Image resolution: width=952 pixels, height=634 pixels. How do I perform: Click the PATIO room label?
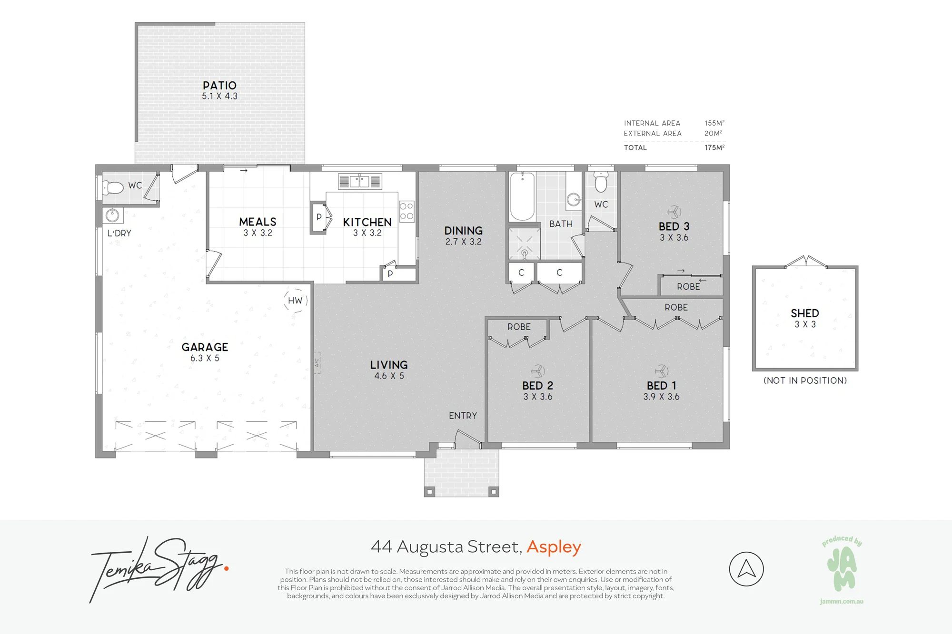[x=219, y=86]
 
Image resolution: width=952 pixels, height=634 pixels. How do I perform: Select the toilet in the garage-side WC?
[x=113, y=187]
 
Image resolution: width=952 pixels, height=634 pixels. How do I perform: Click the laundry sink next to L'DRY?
[x=112, y=215]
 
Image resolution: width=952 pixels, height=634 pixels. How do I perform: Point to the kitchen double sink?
[x=360, y=181]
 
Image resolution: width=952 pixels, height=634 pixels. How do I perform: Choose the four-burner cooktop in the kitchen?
[x=407, y=211]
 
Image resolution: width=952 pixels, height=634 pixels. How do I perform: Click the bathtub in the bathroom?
[x=522, y=196]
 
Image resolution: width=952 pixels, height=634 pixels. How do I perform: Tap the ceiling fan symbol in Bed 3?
[x=674, y=212]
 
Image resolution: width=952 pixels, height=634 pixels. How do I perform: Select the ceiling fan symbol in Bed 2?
[x=538, y=371]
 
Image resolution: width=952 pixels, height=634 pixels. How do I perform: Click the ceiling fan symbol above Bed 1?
[x=662, y=371]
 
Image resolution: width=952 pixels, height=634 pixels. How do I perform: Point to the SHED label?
[x=805, y=313]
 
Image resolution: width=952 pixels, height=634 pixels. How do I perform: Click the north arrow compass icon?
[x=746, y=569]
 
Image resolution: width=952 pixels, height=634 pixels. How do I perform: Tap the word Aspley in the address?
[x=554, y=547]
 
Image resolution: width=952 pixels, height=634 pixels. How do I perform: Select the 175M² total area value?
[x=714, y=147]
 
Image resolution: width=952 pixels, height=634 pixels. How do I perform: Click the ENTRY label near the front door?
[x=463, y=416]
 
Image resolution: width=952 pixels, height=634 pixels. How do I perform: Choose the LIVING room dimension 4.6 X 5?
[x=389, y=376]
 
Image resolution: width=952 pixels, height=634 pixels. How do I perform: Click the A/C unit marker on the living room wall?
[x=317, y=362]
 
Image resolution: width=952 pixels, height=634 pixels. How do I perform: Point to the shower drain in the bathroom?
[x=524, y=253]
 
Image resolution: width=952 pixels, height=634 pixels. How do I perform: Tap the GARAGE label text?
[x=205, y=347]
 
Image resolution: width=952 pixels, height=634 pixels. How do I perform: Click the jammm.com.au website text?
[x=842, y=602]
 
